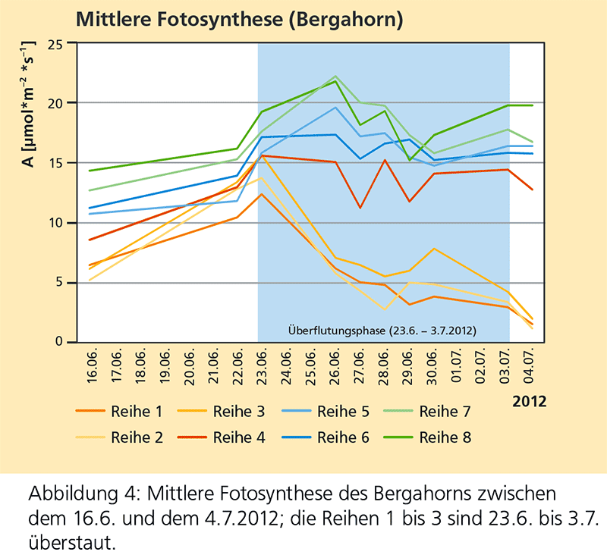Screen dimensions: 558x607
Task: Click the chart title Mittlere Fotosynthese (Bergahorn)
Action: pyautogui.click(x=240, y=17)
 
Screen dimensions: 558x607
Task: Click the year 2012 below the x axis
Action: pyautogui.click(x=529, y=400)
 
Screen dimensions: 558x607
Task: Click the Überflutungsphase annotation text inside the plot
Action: pyautogui.click(x=383, y=331)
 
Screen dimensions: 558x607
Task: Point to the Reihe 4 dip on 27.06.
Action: pyautogui.click(x=360, y=208)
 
